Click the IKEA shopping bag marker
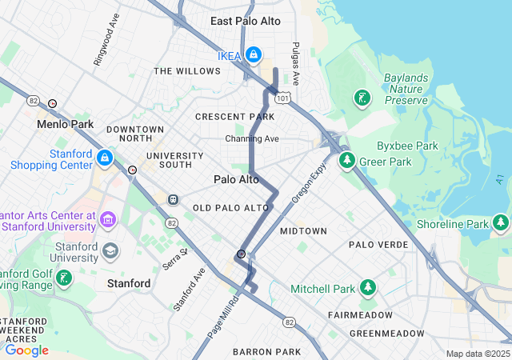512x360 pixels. tap(253, 54)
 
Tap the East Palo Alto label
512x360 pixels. tap(246, 21)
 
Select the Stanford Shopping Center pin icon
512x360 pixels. tap(105, 158)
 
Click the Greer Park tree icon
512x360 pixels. tap(347, 161)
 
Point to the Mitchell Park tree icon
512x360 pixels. tap(367, 287)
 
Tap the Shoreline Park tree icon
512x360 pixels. tap(501, 222)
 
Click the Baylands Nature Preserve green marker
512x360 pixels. tap(362, 98)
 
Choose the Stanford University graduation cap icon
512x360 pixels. tap(110, 252)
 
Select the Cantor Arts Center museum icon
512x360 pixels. tap(109, 218)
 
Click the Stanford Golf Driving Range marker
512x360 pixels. tap(64, 279)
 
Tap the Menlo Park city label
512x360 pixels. tap(65, 125)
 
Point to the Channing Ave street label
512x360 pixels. tap(252, 138)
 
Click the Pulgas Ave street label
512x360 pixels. tap(295, 64)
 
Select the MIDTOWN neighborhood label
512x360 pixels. tap(303, 231)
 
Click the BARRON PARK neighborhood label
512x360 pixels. tap(266, 351)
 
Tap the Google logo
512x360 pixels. tap(26, 350)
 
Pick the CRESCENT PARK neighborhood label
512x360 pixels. tap(235, 117)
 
